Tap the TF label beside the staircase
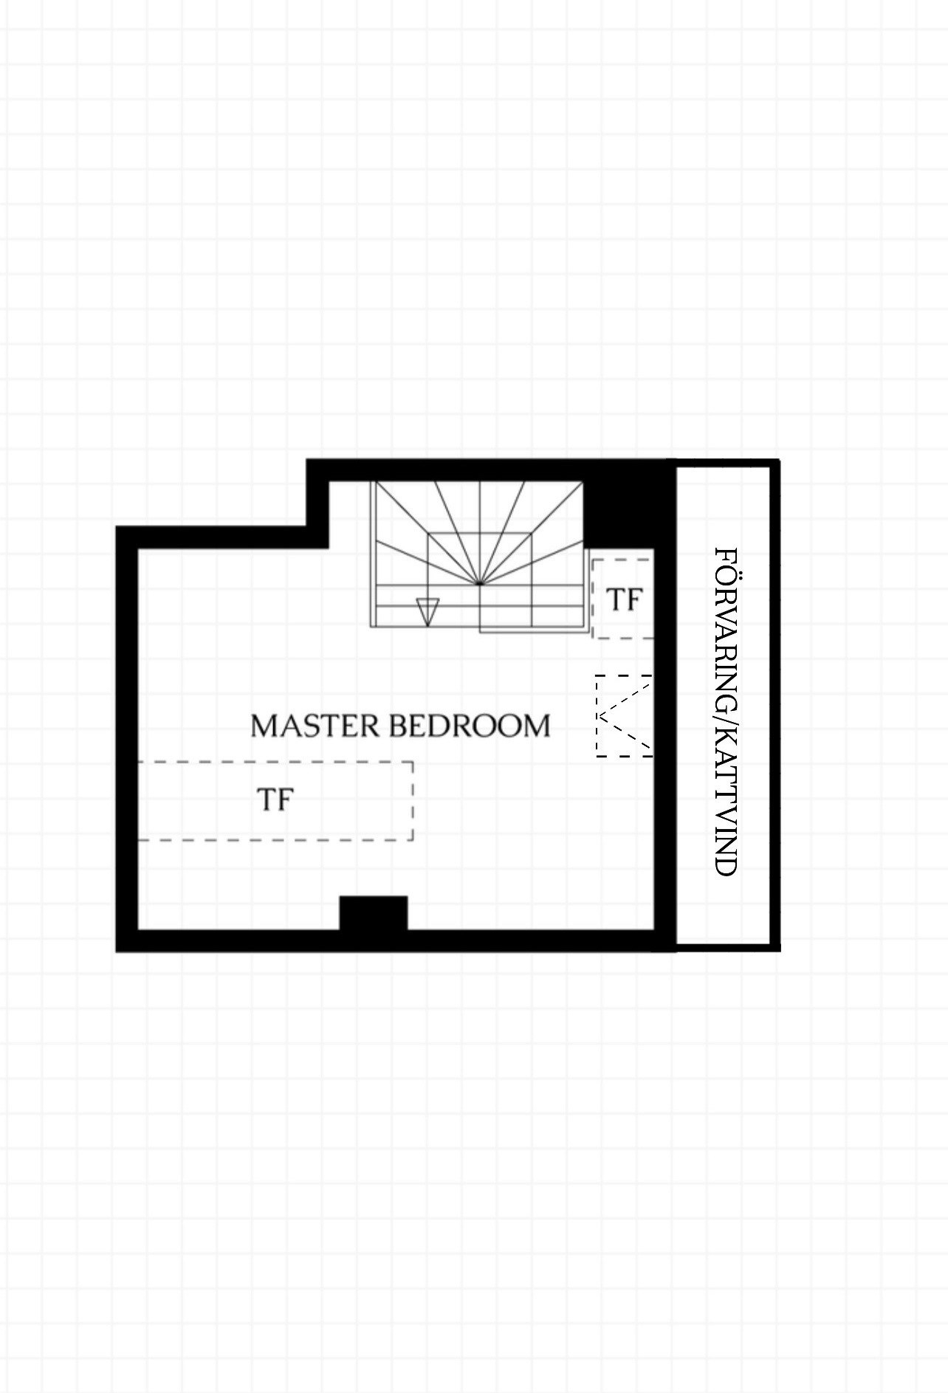pos(624,600)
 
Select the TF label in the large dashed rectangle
pos(275,799)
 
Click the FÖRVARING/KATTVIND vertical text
pos(727,712)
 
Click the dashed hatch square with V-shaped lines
pos(624,715)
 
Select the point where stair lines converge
pos(479,583)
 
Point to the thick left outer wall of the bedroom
pos(127,739)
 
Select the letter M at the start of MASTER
pos(264,726)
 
